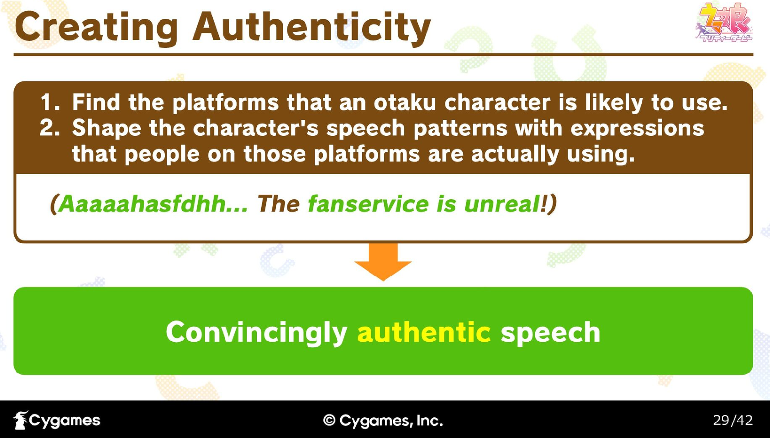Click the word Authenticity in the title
coord(312,28)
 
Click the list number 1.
coord(49,102)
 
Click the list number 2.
coord(49,128)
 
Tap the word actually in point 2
coord(515,155)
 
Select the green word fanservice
coord(368,204)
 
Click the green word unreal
coord(502,204)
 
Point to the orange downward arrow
coord(383,262)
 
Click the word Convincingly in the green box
coord(257,333)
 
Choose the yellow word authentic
coord(424,332)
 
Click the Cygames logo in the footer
coord(57,420)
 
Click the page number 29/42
coord(733,421)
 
